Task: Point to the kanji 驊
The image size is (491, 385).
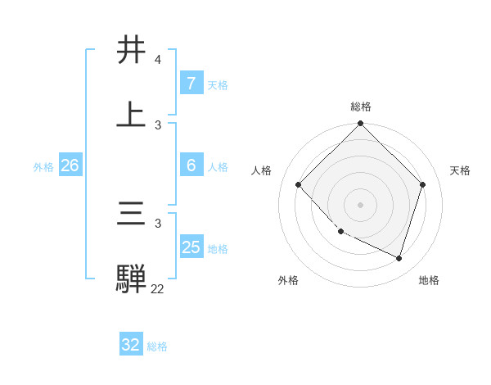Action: tap(133, 279)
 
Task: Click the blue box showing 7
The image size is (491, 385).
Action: tap(191, 84)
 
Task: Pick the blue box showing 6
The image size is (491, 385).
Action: tap(191, 165)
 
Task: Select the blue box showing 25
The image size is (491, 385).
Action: tap(191, 247)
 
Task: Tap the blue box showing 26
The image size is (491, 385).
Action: tap(70, 165)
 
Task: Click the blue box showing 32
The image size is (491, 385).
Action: tap(131, 345)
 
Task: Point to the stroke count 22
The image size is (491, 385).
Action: tap(157, 288)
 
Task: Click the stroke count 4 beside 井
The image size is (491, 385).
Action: tap(158, 61)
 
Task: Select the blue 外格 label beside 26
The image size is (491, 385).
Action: tap(43, 167)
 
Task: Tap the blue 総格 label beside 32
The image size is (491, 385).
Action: tap(157, 346)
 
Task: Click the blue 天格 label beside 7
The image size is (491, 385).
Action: tap(217, 85)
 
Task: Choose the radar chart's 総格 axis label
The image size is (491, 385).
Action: tap(361, 106)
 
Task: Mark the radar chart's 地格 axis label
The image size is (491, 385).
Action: tap(429, 280)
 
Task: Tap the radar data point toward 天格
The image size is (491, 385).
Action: tap(423, 184)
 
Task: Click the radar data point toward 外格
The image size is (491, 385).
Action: tap(341, 232)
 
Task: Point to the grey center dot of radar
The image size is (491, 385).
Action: tap(361, 204)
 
